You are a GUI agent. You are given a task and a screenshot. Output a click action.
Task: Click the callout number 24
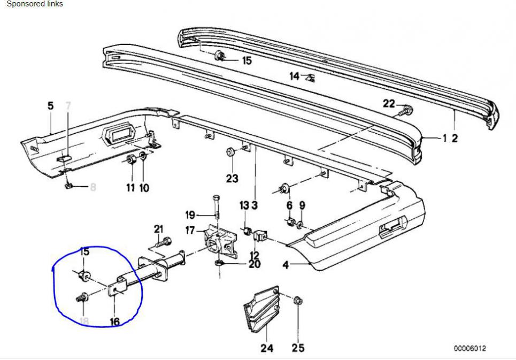point(267,348)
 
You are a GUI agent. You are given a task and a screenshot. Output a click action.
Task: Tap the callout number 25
point(298,348)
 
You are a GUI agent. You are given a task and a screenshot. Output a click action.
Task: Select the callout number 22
point(389,104)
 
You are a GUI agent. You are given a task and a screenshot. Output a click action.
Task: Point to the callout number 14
point(295,76)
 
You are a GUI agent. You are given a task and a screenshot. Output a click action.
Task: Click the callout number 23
point(232,179)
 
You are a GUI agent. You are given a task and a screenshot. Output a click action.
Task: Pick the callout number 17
point(190,231)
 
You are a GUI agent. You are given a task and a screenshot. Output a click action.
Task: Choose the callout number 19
point(190,215)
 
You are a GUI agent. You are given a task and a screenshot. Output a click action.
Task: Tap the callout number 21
point(158,229)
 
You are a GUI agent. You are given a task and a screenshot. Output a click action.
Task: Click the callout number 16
point(115,321)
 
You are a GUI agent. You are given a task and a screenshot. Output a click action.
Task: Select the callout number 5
point(51,105)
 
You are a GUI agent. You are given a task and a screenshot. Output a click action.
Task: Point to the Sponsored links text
point(34,4)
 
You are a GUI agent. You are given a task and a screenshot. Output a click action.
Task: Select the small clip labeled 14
point(310,78)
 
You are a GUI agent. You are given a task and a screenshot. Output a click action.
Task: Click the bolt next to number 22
point(405,111)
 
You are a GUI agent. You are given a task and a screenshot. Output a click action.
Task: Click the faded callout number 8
point(93,187)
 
